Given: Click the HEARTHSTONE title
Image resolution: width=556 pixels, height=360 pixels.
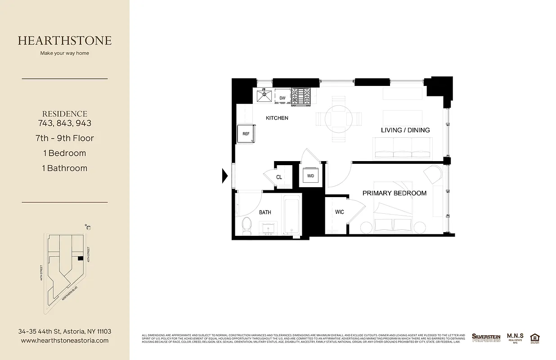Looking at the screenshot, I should click(x=65, y=40).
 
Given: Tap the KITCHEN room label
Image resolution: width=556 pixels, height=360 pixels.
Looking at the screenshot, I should click(x=277, y=118).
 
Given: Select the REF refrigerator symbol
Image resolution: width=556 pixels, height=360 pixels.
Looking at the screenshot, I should click(x=246, y=134).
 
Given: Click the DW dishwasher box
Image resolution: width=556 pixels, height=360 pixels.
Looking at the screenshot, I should click(x=282, y=98).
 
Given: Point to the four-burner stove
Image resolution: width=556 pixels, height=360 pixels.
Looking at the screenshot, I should click(x=300, y=97).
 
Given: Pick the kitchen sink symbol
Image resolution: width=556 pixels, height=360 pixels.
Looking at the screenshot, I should click(x=264, y=96).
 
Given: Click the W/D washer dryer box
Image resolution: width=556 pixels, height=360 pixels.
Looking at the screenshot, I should click(x=310, y=175).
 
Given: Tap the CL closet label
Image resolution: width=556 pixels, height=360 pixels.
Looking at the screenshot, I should click(x=279, y=177).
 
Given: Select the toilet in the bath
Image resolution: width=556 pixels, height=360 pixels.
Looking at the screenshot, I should click(x=247, y=225).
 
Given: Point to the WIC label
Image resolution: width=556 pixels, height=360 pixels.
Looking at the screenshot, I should click(x=340, y=212).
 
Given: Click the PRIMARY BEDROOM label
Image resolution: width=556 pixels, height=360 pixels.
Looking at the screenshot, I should click(x=395, y=193).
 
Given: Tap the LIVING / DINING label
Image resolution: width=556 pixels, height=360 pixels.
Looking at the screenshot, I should click(x=405, y=130).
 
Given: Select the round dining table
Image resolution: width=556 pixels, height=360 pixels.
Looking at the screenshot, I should click(x=338, y=118).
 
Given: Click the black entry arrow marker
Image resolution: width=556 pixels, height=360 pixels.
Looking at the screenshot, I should click(x=225, y=175).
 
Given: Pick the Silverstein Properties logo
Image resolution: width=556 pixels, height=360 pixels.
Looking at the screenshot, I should click(x=486, y=337).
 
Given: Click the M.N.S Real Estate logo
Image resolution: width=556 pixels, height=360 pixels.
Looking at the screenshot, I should click(x=515, y=337).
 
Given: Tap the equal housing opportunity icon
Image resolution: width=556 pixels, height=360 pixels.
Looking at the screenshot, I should click(x=535, y=337).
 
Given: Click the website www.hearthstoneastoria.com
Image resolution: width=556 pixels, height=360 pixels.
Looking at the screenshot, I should click(x=65, y=341).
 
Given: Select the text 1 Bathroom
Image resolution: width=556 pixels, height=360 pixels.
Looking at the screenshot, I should click(x=65, y=168).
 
